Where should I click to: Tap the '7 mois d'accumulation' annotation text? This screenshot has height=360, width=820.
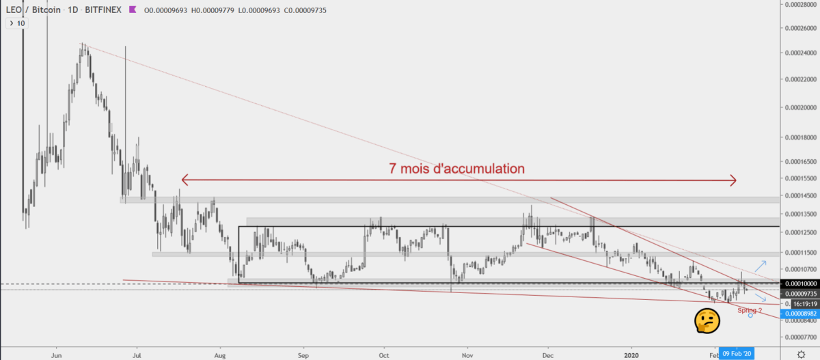click(x=456, y=167)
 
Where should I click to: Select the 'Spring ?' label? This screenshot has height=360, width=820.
click(x=750, y=309)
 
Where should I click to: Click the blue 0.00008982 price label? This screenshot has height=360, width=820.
click(x=799, y=314)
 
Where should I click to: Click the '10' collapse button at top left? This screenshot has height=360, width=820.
click(x=16, y=23)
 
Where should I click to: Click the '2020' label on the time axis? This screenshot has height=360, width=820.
click(x=632, y=355)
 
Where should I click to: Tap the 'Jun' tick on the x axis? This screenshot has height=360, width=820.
click(x=57, y=355)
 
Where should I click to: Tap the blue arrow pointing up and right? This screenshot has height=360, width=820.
click(x=760, y=266)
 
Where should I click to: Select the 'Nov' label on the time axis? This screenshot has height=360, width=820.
click(x=467, y=355)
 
